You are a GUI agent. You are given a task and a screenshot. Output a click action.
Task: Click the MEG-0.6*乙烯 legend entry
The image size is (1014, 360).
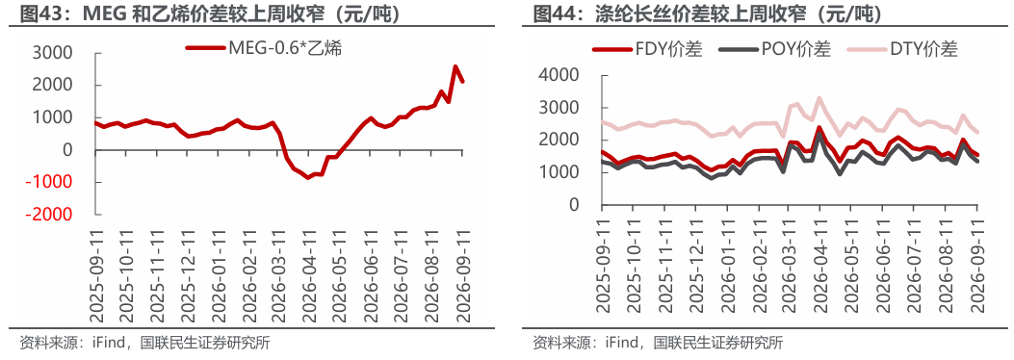(x=263, y=47)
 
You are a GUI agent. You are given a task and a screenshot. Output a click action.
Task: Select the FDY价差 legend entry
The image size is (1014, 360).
(x=647, y=48)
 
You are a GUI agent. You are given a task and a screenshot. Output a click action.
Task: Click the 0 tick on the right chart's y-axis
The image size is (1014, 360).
(x=574, y=206)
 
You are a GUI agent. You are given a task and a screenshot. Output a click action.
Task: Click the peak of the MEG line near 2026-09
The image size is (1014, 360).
(x=455, y=65)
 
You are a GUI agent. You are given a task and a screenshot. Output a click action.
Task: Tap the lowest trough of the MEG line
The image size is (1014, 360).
(x=308, y=177)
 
